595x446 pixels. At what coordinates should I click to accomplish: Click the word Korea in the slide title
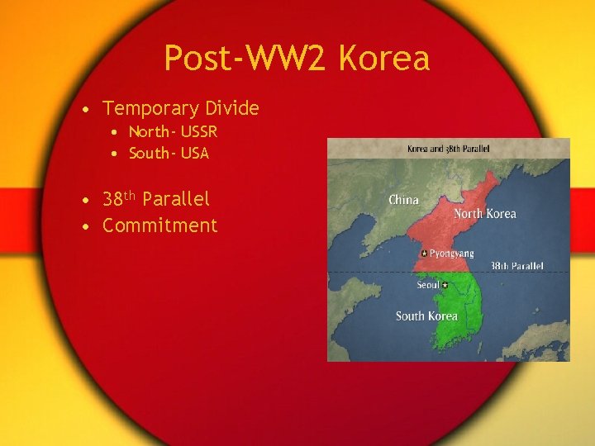pyautogui.click(x=384, y=59)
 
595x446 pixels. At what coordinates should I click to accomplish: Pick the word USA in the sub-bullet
pyautogui.click(x=193, y=154)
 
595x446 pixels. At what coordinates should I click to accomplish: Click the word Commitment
pyautogui.click(x=159, y=225)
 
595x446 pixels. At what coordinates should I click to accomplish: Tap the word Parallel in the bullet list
pyautogui.click(x=176, y=199)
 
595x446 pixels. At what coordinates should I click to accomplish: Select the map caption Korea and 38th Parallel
pyautogui.click(x=448, y=149)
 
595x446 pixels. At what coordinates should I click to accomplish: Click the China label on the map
pyautogui.click(x=403, y=200)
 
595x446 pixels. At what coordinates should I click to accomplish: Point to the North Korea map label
pyautogui.click(x=484, y=214)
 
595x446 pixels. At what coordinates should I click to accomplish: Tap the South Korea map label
pyautogui.click(x=426, y=316)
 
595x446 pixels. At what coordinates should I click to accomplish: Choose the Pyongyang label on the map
pyautogui.click(x=451, y=254)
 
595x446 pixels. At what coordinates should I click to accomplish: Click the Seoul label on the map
pyautogui.click(x=427, y=285)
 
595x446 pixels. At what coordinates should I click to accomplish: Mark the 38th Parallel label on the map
pyautogui.click(x=517, y=267)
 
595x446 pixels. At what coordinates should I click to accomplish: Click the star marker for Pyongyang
pyautogui.click(x=423, y=254)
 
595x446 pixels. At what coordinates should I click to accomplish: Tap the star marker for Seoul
pyautogui.click(x=445, y=286)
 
